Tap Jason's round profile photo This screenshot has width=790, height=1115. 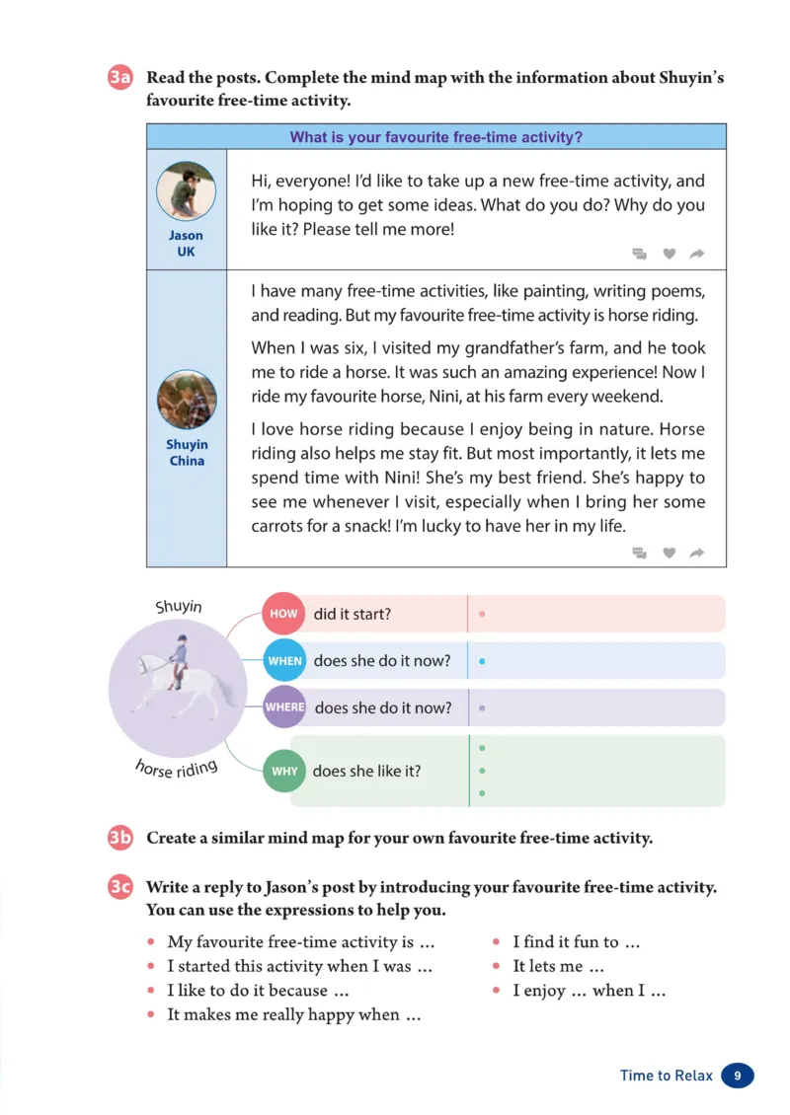pos(186,191)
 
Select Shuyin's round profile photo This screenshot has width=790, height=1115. pos(187,400)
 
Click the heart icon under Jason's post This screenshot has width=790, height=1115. pos(669,254)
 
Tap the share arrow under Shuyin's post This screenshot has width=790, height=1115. pos(696,553)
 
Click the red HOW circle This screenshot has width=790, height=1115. pos(283,614)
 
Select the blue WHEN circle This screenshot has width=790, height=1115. pos(284,661)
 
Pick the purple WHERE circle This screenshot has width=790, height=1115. pos(284,707)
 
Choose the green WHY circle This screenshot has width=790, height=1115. pos(284,772)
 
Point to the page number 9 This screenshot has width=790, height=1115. pos(738,1076)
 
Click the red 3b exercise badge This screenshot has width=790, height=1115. pos(120,839)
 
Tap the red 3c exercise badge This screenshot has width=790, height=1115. pos(120,887)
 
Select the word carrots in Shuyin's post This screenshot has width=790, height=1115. pos(279,526)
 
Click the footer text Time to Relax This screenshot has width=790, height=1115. pos(666,1076)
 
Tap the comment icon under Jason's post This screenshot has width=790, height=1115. pos(640,254)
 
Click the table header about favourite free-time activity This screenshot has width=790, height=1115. pos(435,137)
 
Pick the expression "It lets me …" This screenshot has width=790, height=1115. pos(558,967)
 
